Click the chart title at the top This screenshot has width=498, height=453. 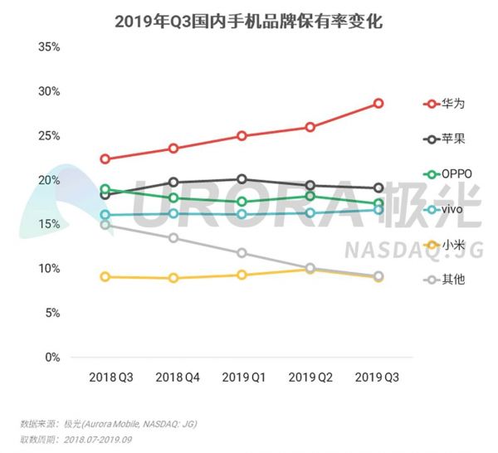(248, 19)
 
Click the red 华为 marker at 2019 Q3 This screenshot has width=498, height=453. (378, 104)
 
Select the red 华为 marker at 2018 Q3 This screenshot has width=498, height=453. (105, 158)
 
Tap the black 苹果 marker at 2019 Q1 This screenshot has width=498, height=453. (242, 179)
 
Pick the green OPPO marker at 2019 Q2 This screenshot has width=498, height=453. (310, 196)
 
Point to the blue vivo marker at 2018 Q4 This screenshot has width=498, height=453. (173, 214)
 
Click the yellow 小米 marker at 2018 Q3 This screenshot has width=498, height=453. (105, 276)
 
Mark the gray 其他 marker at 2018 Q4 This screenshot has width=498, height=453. (173, 238)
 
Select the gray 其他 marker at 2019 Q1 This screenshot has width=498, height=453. (242, 253)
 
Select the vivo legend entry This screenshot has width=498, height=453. (448, 209)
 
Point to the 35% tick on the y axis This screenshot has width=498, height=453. (49, 46)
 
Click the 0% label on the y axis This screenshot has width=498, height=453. (52, 358)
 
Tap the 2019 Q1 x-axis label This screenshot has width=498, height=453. (242, 377)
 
